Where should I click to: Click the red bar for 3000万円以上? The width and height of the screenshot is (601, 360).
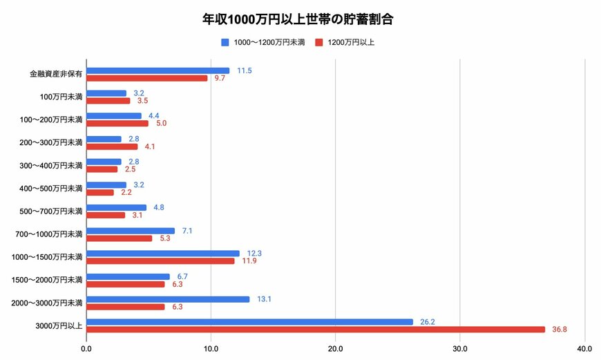pyautogui.click(x=316, y=330)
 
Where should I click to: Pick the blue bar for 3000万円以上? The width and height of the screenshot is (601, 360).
pyautogui.click(x=249, y=322)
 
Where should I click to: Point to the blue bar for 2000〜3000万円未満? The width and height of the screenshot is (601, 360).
pyautogui.click(x=168, y=299)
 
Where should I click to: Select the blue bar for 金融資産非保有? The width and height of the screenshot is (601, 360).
pyautogui.click(x=158, y=70)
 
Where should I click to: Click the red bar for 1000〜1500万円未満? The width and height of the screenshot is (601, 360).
pyautogui.click(x=160, y=261)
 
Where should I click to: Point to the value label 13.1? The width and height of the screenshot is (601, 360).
pyautogui.click(x=263, y=299)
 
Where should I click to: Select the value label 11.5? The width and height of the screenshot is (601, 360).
pyautogui.click(x=243, y=70)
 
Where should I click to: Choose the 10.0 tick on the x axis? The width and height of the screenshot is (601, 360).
pyautogui.click(x=211, y=348)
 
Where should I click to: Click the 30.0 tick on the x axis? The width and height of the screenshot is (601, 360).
pyautogui.click(x=460, y=348)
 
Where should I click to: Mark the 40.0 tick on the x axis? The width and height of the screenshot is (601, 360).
pyautogui.click(x=584, y=348)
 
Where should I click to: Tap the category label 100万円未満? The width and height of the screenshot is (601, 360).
pyautogui.click(x=61, y=97)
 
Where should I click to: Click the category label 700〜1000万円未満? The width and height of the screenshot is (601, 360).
pyautogui.click(x=49, y=234)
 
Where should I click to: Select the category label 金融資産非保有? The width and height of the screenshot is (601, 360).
pyautogui.click(x=56, y=74)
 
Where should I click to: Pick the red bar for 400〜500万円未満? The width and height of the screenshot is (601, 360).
pyautogui.click(x=100, y=192)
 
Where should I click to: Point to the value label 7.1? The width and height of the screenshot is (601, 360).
pyautogui.click(x=187, y=231)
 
